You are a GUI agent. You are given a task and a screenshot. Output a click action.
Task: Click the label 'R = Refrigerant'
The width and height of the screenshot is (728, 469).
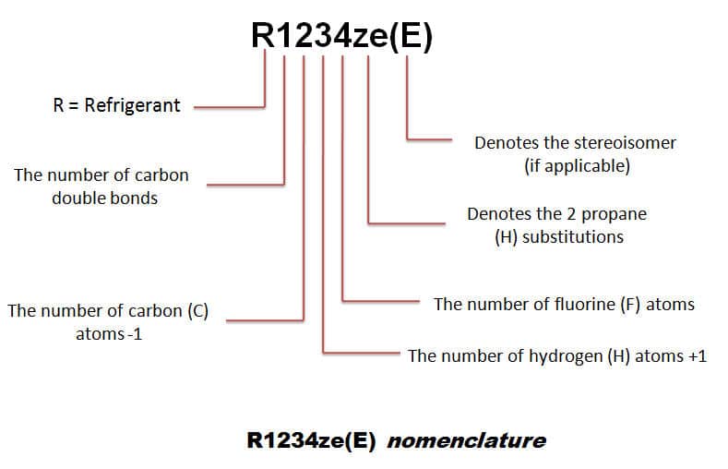[116, 105]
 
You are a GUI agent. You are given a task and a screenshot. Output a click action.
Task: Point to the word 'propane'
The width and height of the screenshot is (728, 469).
[614, 214]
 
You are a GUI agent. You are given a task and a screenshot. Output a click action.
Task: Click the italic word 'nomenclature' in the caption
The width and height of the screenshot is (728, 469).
[467, 440]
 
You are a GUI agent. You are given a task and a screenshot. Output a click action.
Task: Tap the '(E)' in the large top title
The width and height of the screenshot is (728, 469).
[411, 36]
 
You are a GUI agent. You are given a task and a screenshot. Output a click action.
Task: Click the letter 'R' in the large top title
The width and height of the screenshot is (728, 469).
[263, 35]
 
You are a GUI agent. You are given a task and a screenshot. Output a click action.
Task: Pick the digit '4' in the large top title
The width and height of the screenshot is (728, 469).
[340, 35]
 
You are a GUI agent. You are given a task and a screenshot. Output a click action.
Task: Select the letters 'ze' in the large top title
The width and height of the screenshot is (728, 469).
[371, 39]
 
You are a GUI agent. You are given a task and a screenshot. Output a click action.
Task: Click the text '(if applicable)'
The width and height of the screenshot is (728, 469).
[577, 166]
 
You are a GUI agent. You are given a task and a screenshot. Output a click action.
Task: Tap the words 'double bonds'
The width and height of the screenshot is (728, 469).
[105, 198]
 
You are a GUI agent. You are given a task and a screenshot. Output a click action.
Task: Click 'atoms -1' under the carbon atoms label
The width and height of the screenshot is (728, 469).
[109, 334]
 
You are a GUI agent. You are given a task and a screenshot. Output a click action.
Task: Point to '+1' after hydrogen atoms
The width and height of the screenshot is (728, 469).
[698, 356]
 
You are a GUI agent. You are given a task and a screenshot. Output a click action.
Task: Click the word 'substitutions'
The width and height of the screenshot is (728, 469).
[572, 237]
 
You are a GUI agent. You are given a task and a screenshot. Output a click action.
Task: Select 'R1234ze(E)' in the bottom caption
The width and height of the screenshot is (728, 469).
[311, 440]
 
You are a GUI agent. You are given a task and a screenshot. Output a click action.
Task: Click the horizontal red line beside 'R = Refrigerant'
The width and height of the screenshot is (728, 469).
[229, 107]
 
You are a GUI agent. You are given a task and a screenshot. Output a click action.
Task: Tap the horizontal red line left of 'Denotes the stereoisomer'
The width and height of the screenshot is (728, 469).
[429, 138]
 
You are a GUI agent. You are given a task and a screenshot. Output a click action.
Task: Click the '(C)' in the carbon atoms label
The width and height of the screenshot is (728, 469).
[198, 310]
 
